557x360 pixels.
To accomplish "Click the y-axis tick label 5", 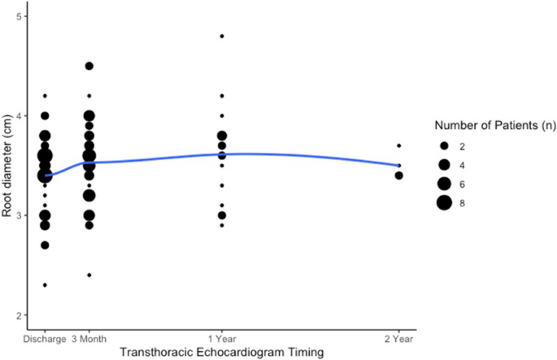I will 19,16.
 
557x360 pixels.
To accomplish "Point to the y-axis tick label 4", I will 19,116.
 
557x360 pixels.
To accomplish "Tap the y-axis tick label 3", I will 19,215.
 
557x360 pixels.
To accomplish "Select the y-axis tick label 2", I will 19,315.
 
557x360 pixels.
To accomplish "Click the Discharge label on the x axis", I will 45,338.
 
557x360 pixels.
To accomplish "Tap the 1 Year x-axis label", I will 222,338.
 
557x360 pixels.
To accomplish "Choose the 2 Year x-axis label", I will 398,338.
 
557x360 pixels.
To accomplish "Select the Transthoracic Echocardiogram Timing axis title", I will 221,351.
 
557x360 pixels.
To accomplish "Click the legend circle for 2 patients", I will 444,145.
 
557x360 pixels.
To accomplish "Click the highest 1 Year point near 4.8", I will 222,36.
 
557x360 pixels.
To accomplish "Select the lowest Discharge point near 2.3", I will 45,284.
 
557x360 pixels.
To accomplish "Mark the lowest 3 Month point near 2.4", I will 89,275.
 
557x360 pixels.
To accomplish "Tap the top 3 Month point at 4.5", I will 89,66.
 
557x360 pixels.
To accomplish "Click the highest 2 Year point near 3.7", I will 398,145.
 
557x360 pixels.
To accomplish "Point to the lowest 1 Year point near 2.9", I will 222,225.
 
